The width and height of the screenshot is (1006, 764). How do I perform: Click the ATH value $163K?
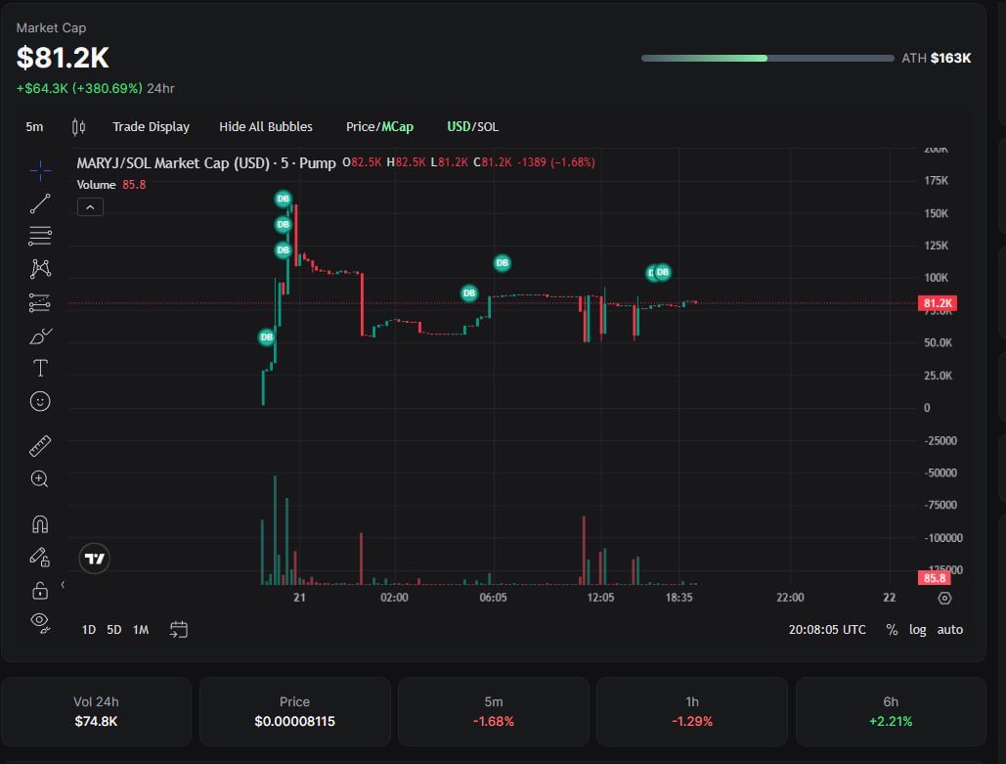tap(950, 58)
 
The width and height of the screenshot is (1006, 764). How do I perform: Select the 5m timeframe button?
tap(34, 126)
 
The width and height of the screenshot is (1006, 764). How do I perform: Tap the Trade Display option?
tap(151, 126)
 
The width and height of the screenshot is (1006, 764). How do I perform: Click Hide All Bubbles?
tap(266, 126)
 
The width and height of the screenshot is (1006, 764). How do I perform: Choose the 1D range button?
tap(88, 629)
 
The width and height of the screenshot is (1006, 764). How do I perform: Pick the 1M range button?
tap(141, 629)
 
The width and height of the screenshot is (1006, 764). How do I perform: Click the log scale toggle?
tap(917, 629)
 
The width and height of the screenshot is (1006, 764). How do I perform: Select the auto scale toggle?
tap(949, 629)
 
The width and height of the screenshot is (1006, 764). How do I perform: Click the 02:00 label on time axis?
tap(394, 598)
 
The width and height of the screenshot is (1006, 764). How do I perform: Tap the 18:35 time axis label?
tap(678, 598)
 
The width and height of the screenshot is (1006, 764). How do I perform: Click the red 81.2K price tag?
tap(938, 303)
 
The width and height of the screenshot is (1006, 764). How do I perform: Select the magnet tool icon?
tap(40, 524)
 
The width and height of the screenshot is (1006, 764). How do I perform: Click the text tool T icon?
tap(40, 368)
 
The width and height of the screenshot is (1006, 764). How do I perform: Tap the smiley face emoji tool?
tap(40, 401)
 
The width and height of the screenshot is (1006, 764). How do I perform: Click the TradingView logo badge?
tap(95, 559)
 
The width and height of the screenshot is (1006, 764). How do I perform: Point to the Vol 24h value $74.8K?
tap(96, 721)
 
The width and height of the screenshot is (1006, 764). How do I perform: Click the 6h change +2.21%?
tap(891, 721)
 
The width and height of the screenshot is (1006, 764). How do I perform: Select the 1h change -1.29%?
tap(692, 721)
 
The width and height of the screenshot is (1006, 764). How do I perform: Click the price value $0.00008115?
tap(294, 721)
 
